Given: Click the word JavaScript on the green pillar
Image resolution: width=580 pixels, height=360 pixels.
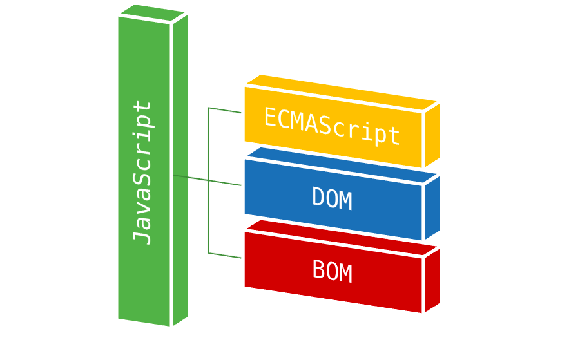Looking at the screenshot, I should tap(143, 172).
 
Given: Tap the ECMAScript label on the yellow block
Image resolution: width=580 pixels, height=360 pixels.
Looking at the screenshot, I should tap(332, 126).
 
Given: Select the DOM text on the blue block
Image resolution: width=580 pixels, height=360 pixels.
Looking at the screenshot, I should tap(332, 198).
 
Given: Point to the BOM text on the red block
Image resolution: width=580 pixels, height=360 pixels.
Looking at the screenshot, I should tap(332, 271).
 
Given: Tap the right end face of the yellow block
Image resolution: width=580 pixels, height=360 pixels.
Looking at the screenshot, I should tap(432, 134).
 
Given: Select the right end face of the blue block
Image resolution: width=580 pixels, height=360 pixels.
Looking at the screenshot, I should tap(432, 206).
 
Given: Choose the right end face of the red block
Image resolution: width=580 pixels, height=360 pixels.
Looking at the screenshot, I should tap(432, 279).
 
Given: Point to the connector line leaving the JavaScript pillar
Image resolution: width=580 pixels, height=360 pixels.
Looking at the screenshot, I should tap(191, 178).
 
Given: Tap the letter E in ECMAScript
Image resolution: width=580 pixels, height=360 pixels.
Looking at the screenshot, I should tap(271, 117).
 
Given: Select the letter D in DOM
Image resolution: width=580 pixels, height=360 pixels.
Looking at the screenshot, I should tap(318, 197).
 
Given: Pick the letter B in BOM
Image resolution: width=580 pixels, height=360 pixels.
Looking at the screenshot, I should tap(318, 270).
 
